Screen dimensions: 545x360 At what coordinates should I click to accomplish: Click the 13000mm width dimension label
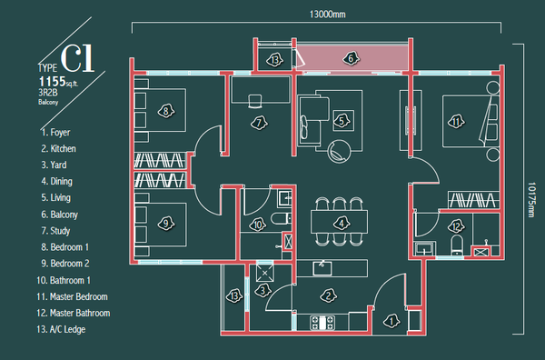pyautogui.click(x=327, y=15)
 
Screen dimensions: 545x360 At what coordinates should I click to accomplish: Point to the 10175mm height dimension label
pyautogui.click(x=531, y=200)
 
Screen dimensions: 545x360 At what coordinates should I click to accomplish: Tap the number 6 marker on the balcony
pyautogui.click(x=351, y=58)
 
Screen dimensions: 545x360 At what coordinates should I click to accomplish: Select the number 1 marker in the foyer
pyautogui.click(x=391, y=321)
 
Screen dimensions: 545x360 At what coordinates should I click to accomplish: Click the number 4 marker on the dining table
pyautogui.click(x=342, y=224)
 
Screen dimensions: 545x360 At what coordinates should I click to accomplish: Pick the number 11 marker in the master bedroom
pyautogui.click(x=456, y=122)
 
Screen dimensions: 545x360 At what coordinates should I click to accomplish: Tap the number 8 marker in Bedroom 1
pyautogui.click(x=166, y=111)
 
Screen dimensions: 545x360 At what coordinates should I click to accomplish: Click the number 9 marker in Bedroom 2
pyautogui.click(x=166, y=223)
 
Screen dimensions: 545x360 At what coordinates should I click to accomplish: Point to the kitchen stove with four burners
pyautogui.click(x=322, y=323)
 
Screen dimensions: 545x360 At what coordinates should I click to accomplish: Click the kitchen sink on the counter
pyautogui.click(x=322, y=268)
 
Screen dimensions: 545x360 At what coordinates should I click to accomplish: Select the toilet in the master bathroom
pyautogui.click(x=457, y=245)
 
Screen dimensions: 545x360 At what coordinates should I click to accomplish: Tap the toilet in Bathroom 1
pyautogui.click(x=281, y=219)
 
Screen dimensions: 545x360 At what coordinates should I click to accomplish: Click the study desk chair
pyautogui.click(x=255, y=101)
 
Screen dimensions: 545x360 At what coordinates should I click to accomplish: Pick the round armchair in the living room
pyautogui.click(x=339, y=151)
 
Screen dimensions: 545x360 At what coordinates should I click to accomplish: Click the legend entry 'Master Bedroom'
pyautogui.click(x=72, y=296)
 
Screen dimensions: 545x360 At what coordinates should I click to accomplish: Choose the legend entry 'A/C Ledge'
pyautogui.click(x=61, y=329)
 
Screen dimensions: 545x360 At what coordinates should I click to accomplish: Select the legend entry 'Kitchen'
pyautogui.click(x=58, y=148)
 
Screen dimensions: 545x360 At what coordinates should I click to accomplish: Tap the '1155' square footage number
pyautogui.click(x=52, y=82)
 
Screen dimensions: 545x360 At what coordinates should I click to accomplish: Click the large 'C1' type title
pyautogui.click(x=77, y=58)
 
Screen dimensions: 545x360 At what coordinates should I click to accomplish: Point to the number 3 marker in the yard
pyautogui.click(x=263, y=290)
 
